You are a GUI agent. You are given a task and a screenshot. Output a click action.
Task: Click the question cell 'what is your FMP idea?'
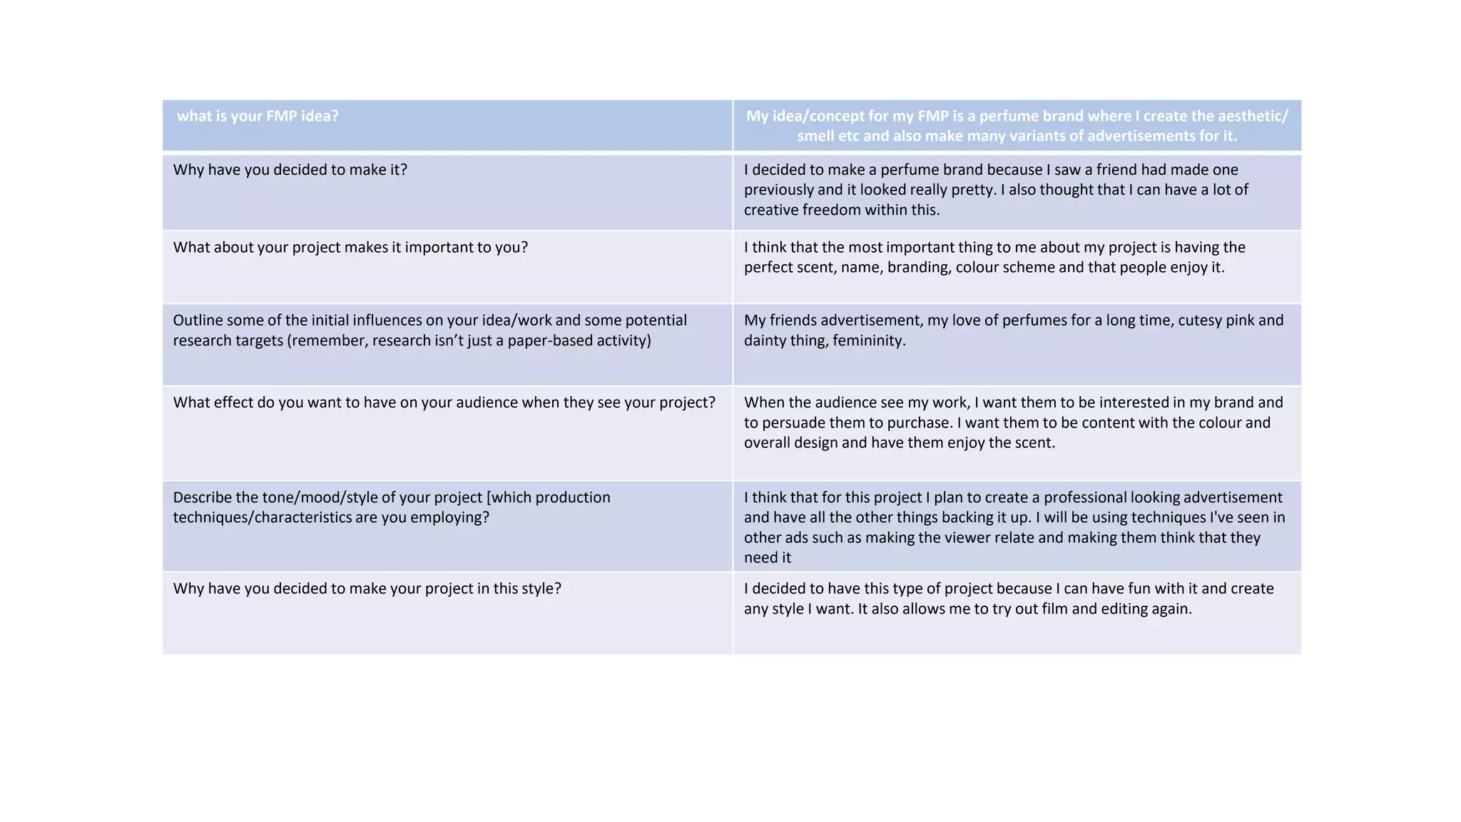(258, 116)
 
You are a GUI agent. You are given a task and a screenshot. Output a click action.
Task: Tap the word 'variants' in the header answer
(1052, 136)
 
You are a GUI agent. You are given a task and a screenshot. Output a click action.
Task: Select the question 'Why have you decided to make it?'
(290, 170)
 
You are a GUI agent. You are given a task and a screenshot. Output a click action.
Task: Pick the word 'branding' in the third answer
(917, 268)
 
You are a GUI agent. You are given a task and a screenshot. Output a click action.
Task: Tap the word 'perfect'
(768, 268)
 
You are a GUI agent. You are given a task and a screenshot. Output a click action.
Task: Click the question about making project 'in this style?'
(367, 589)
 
